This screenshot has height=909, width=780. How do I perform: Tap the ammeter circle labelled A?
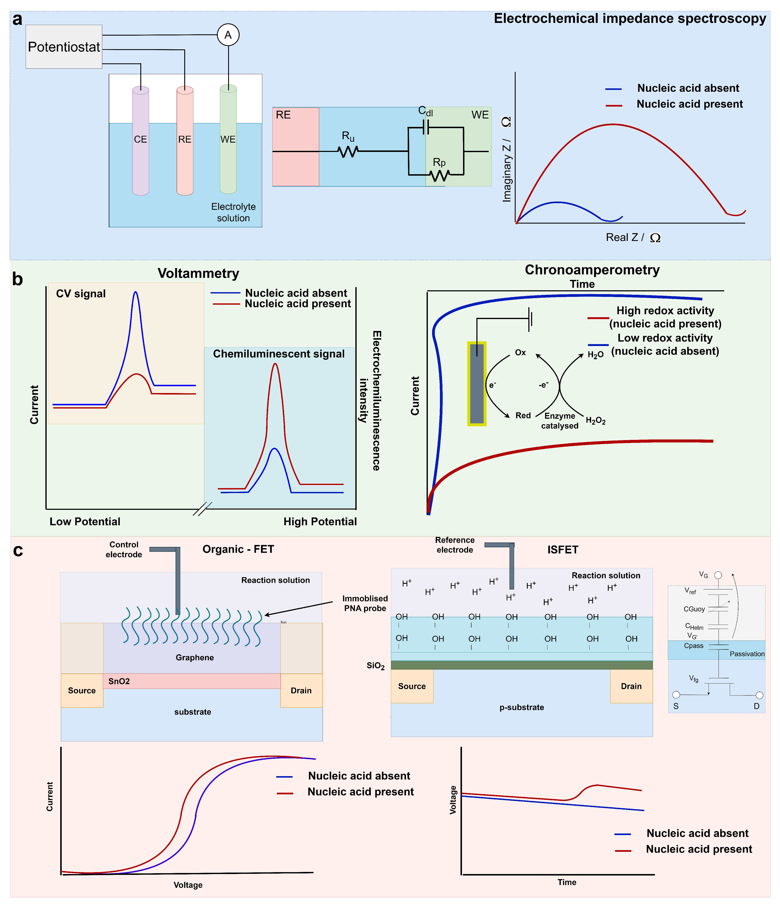(228, 35)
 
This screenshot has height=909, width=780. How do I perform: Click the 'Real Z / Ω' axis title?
(632, 237)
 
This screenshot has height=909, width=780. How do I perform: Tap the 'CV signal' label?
(81, 293)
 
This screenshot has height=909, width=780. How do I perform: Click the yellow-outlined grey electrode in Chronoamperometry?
(477, 384)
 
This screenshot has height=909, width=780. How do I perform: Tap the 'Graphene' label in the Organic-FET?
(194, 657)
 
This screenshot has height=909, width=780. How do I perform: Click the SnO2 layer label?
(119, 681)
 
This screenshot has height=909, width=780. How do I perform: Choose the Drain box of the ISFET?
(631, 686)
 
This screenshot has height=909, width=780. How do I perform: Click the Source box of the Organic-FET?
(82, 691)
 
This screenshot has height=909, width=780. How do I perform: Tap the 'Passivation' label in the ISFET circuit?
(747, 654)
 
